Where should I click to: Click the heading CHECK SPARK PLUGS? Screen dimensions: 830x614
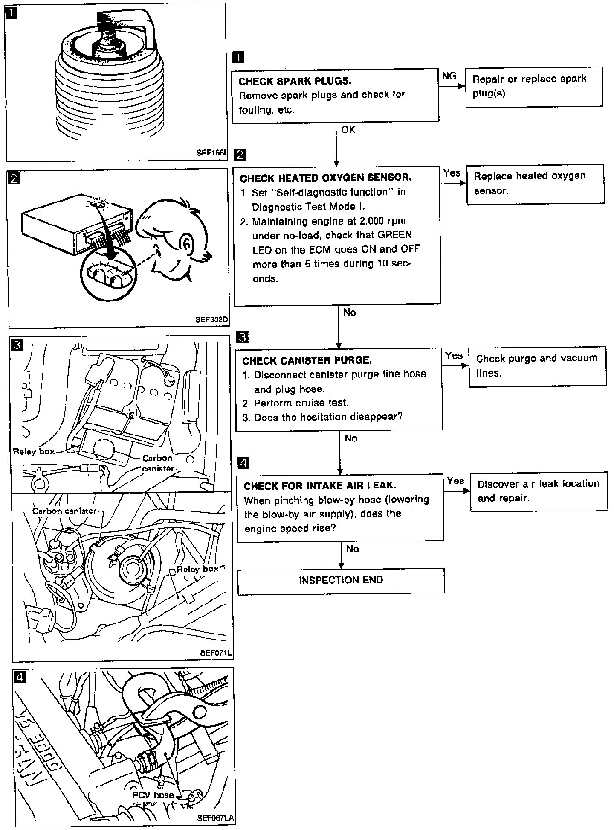point(295,81)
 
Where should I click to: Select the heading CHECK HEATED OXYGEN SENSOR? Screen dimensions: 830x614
point(326,178)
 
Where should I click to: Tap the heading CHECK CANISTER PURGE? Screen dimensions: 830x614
point(307,360)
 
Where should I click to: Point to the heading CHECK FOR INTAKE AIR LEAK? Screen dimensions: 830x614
point(320,485)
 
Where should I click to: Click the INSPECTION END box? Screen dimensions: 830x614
point(341,580)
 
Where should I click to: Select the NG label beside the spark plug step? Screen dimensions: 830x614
point(449,76)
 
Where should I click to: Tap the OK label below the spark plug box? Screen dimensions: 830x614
point(348,130)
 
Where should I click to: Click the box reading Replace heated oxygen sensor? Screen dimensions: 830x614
point(535,184)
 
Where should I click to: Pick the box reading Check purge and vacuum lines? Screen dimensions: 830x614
point(537,366)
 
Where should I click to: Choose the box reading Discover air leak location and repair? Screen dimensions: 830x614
point(539,491)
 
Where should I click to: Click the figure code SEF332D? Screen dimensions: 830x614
point(212,319)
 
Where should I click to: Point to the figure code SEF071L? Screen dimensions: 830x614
point(216,653)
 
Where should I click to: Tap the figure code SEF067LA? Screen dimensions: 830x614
point(216,818)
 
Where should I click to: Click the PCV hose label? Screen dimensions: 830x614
point(153,795)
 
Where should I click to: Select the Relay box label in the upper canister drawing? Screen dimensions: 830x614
point(34,451)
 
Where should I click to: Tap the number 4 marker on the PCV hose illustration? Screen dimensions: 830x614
point(20,677)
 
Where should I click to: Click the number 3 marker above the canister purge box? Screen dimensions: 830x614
point(242,337)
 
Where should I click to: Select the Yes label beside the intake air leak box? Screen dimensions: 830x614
point(455,481)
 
